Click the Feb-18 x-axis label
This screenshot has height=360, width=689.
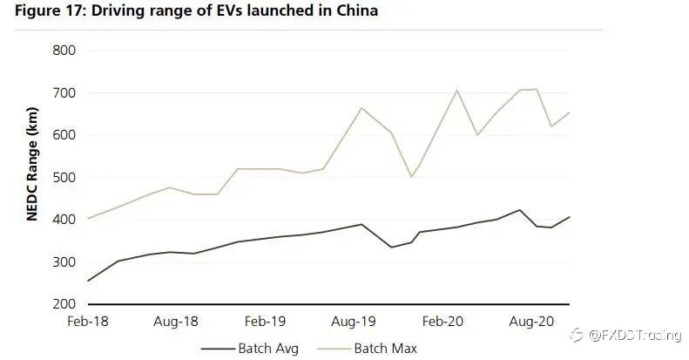click(88, 322)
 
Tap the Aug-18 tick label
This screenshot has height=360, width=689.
click(176, 322)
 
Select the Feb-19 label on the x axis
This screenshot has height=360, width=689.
click(265, 322)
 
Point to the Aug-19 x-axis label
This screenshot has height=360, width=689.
click(354, 322)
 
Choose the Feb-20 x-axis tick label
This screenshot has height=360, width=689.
click(442, 322)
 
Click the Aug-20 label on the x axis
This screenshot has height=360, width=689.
click(531, 322)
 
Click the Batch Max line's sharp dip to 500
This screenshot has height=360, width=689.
click(411, 177)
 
